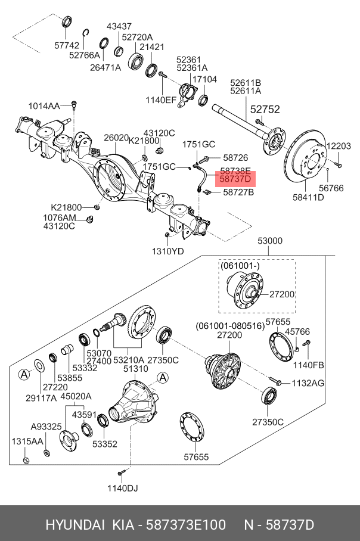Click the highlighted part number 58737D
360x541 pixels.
tap(235, 179)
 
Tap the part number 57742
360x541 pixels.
tap(67, 45)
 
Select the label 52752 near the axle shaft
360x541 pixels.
tap(264, 110)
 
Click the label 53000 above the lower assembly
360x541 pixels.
tap(270, 241)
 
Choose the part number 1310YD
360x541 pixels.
tap(167, 251)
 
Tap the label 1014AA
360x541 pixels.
tap(44, 106)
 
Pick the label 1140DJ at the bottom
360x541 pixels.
tap(122, 489)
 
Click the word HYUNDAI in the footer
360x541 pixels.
tap(73, 525)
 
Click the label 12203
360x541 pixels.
tap(339, 146)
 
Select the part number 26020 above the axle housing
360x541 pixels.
tap(116, 138)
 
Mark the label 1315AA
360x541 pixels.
tap(27, 441)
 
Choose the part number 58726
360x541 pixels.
tap(235, 158)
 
